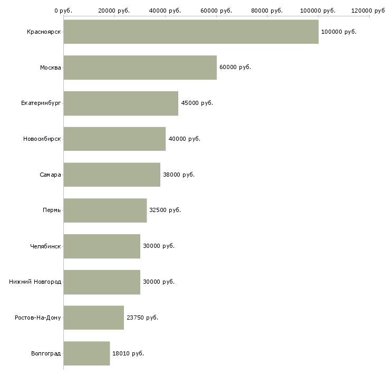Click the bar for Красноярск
191,32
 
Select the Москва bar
140,68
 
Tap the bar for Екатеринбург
121,103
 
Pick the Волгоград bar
86,353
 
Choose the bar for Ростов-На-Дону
94,317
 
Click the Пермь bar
105,210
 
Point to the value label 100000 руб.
339,32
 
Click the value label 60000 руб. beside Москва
235,68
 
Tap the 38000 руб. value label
178,175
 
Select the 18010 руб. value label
128,353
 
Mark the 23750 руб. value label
142,317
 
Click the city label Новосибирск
42,139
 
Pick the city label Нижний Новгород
35,282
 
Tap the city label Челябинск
45,246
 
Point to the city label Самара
50,175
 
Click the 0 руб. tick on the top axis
63,11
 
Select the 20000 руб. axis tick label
114,11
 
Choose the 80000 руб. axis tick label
267,11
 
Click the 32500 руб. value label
165,210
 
